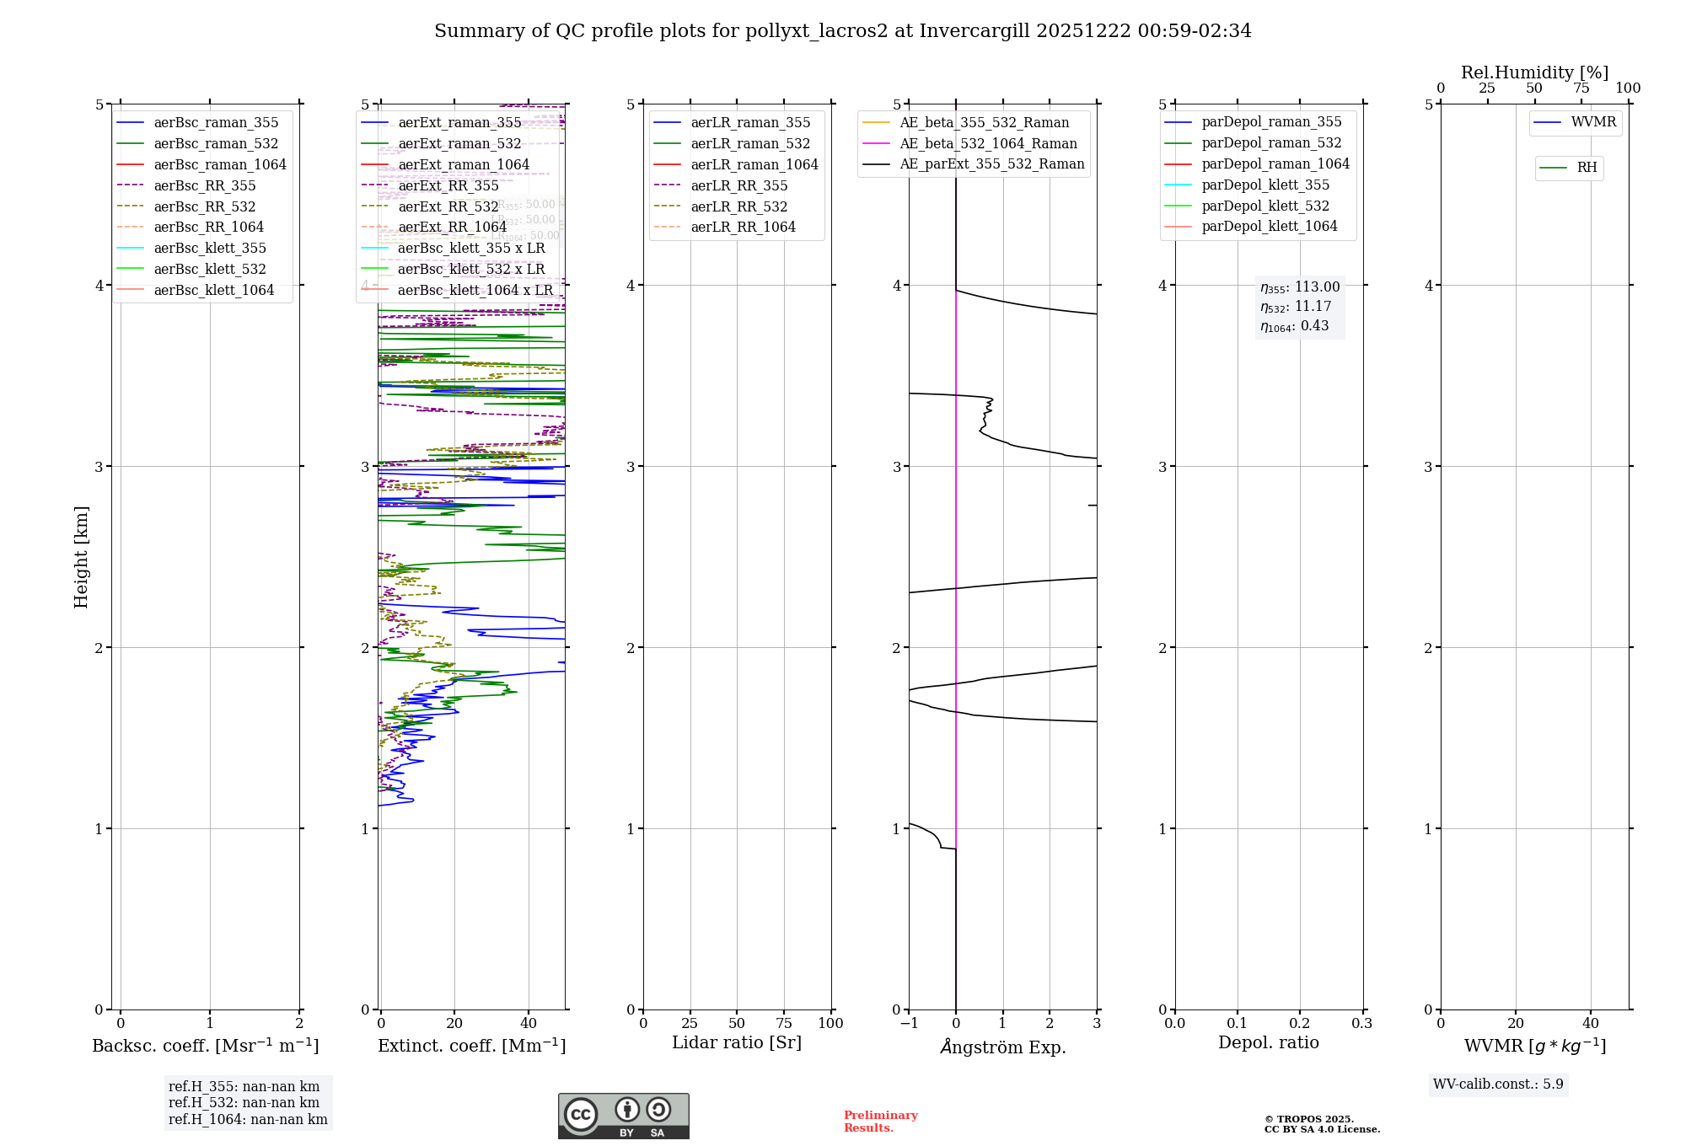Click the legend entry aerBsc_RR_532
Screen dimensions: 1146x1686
tap(204, 206)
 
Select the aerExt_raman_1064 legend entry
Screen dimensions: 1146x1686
tap(464, 165)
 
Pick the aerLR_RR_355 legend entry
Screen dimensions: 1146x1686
tap(738, 186)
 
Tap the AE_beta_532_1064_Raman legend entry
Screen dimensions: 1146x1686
tap(988, 144)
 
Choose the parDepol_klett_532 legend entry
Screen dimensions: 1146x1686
tap(1264, 206)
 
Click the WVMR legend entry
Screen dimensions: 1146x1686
tap(1593, 122)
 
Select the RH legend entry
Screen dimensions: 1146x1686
tap(1587, 168)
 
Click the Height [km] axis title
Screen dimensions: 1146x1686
tap(81, 556)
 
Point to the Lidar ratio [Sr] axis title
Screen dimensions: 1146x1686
tap(736, 1043)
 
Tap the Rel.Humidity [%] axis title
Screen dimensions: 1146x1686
tap(1534, 72)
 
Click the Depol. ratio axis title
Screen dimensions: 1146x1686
tap(1268, 1043)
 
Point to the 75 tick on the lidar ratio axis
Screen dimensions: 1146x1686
tap(784, 1024)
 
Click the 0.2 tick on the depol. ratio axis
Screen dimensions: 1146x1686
tap(1300, 1024)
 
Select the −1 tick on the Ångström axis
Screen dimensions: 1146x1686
tap(908, 1024)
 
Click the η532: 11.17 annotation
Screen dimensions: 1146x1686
tap(1296, 307)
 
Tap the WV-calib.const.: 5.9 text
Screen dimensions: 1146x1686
tap(1498, 1084)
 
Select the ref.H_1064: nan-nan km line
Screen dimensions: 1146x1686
tap(248, 1120)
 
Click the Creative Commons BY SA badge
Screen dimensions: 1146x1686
tap(623, 1117)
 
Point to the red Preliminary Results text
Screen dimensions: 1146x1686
tap(880, 1122)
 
